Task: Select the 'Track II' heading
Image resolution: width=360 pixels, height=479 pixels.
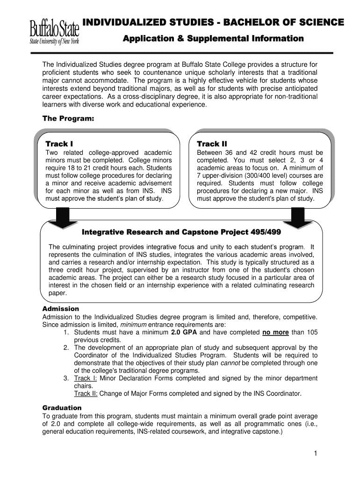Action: (212, 143)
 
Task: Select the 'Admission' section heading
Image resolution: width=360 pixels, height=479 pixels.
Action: (61, 309)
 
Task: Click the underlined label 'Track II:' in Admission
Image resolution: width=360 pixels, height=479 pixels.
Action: (86, 393)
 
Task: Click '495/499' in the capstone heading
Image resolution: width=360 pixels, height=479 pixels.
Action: (265, 232)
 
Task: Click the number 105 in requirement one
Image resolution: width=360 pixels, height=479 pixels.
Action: (312, 333)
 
